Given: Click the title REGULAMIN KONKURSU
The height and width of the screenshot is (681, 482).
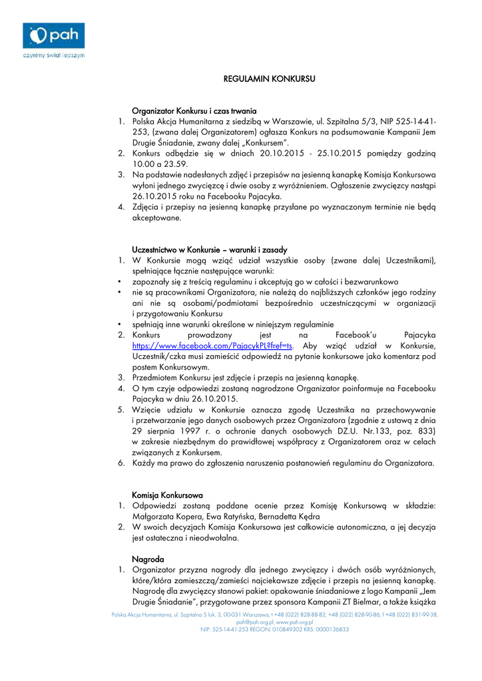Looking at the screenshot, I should [268, 79].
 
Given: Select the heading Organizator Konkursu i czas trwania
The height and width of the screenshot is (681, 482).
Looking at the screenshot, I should [194, 111].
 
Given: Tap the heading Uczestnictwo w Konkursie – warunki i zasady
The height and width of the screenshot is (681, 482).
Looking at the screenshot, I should [210, 249].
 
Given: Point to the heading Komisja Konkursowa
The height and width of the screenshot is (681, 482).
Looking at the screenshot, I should [167, 495].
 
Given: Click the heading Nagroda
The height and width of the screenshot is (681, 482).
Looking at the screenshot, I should [148, 559].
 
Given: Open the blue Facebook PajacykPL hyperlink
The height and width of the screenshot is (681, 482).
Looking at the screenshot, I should [212, 346].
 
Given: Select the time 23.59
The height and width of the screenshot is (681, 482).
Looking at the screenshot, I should [177, 164].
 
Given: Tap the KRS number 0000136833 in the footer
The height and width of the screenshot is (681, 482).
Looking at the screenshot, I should [326, 629].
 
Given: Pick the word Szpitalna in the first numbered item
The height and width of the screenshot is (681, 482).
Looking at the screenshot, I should [345, 122].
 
